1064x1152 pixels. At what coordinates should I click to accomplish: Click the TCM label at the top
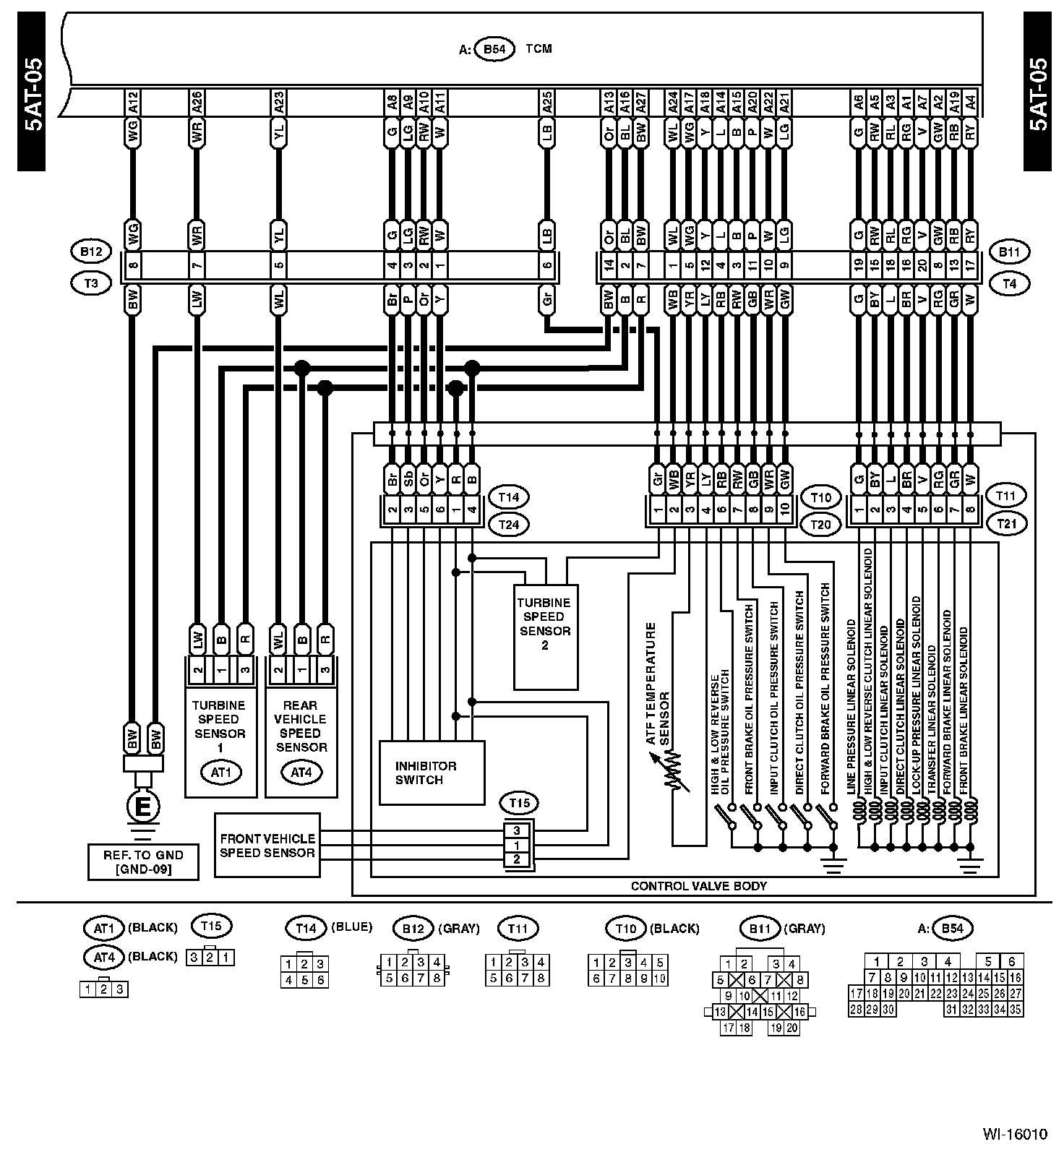click(539, 49)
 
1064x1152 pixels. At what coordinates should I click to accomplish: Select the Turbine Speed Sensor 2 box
click(545, 636)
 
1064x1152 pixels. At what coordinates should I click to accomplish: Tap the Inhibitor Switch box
click(432, 773)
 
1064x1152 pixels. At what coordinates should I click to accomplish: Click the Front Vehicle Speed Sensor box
click(267, 845)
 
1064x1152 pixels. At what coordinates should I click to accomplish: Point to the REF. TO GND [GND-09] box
click(143, 861)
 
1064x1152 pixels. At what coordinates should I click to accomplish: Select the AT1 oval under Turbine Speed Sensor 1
click(221, 773)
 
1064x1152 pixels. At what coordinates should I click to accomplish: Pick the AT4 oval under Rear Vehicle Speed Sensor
click(301, 773)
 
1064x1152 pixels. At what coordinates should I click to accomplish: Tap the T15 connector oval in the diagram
click(519, 803)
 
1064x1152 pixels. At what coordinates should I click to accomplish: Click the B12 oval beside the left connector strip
click(91, 252)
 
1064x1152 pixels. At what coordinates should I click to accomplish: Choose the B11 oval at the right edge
click(1010, 252)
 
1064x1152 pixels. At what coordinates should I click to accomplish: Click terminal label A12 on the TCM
click(132, 103)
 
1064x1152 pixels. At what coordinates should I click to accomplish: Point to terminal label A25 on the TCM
click(547, 103)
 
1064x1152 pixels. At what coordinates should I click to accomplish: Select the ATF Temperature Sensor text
click(658, 683)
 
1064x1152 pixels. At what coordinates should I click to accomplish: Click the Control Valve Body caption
click(698, 885)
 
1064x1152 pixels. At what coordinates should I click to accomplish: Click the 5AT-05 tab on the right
click(1037, 94)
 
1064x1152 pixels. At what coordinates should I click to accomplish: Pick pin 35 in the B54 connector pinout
click(1015, 1010)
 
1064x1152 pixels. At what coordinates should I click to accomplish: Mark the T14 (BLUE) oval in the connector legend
click(306, 927)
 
